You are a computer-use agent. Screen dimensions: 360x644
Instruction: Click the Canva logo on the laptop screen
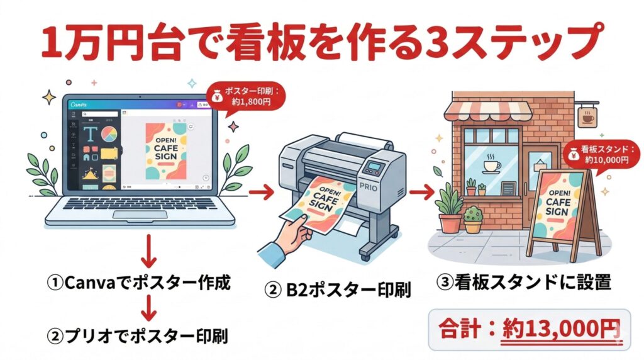point(79,105)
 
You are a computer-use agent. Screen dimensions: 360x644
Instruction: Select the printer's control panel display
point(376,168)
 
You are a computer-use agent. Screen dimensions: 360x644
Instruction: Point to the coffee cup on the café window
point(491,166)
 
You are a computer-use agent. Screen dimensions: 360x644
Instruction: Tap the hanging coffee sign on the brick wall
point(588,117)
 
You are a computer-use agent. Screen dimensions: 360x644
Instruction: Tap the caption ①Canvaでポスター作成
point(139,283)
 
